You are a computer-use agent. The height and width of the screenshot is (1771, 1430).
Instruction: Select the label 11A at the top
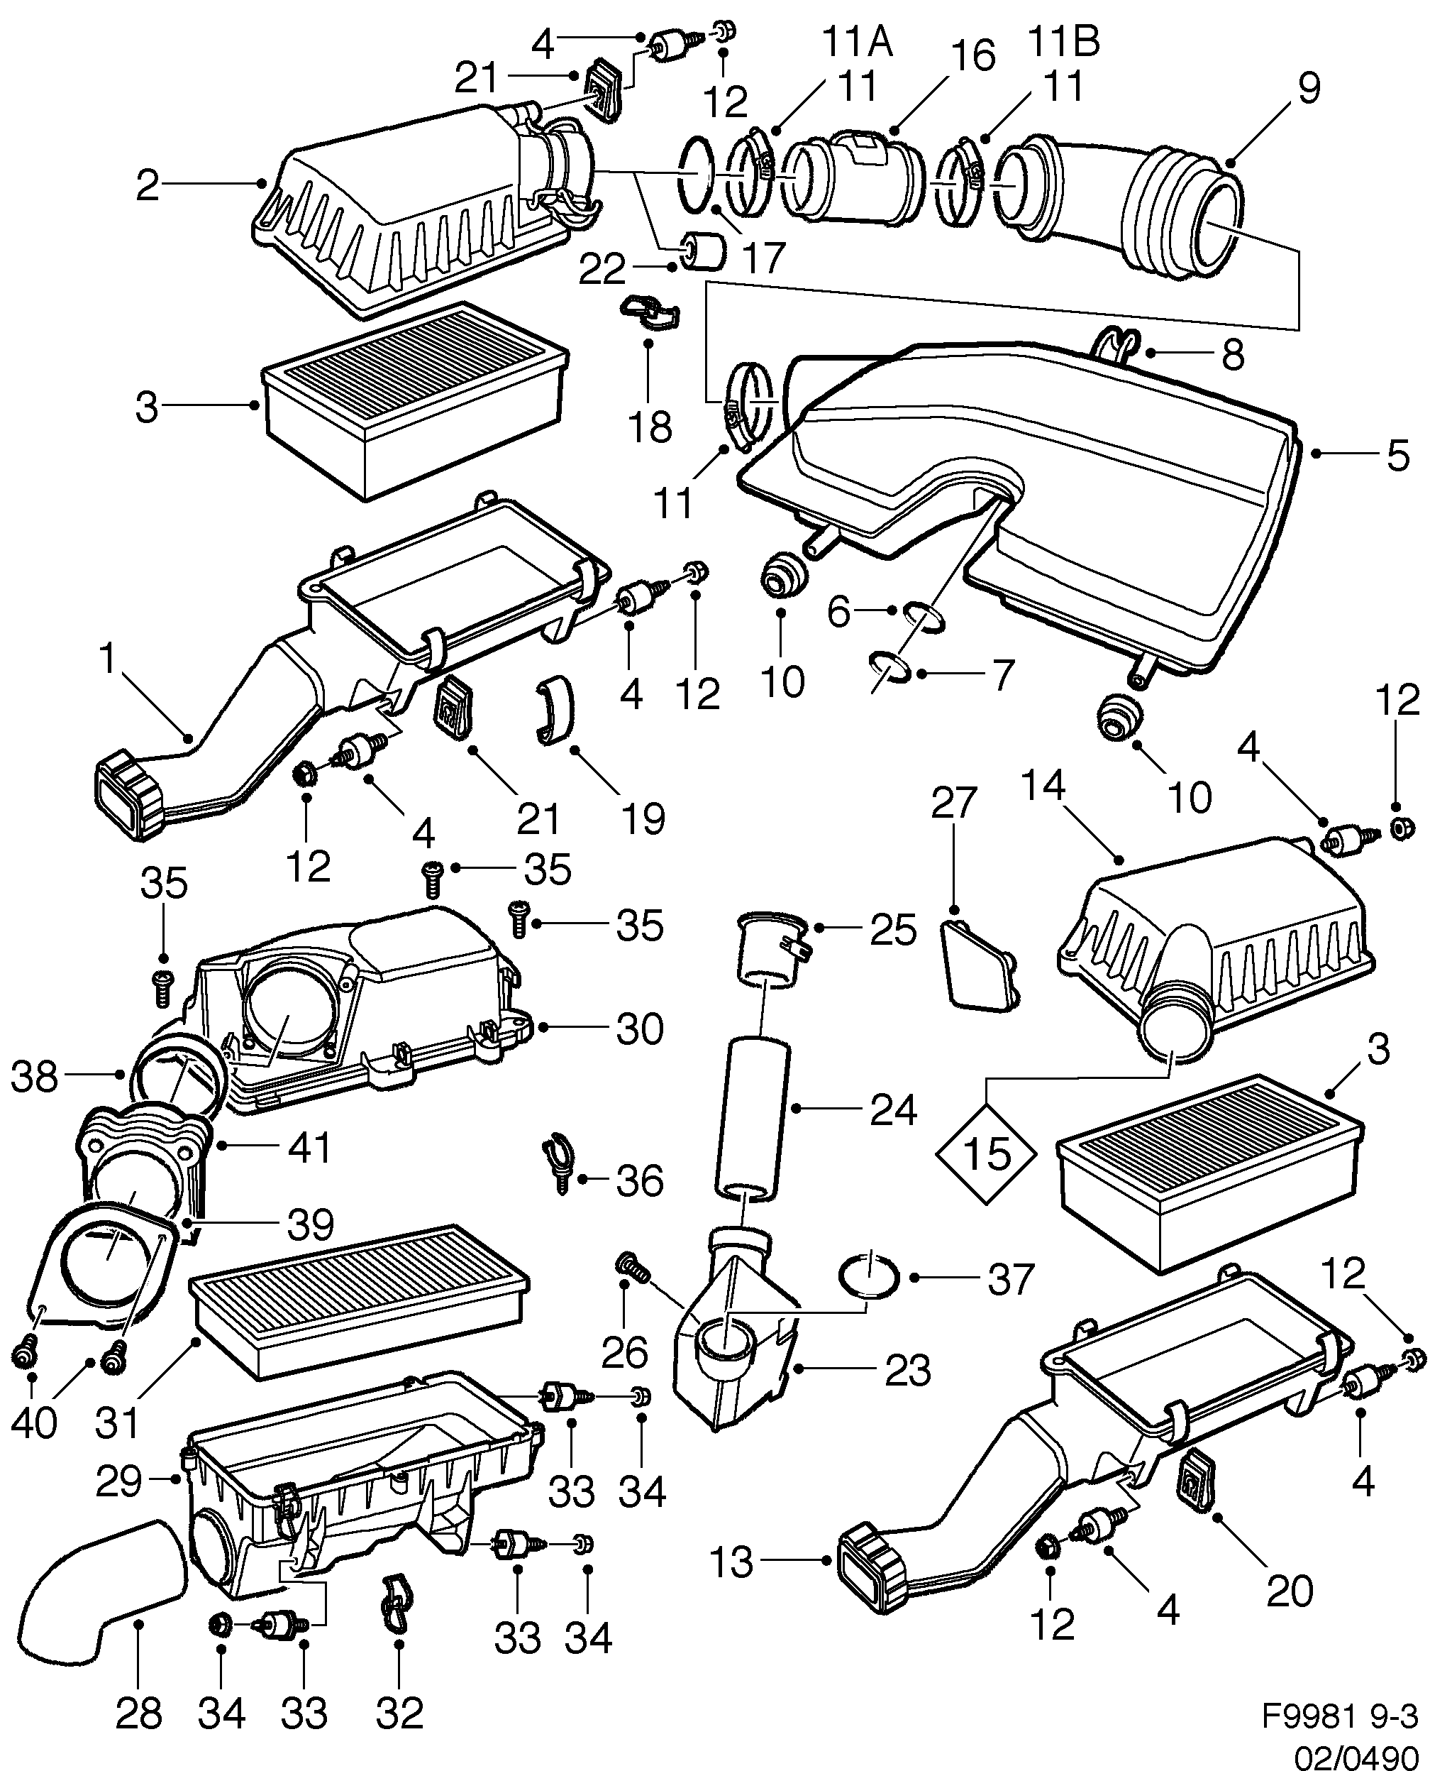[857, 43]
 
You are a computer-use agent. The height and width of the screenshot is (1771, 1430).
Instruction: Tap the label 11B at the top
[1064, 41]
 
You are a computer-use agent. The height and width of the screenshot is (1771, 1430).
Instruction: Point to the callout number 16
[976, 57]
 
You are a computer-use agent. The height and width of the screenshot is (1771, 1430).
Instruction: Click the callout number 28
[138, 1713]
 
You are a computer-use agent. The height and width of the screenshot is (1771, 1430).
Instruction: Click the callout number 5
[1397, 456]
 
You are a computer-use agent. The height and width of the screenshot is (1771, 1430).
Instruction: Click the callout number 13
[731, 1562]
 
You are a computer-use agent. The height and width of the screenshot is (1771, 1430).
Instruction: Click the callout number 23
[908, 1370]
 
